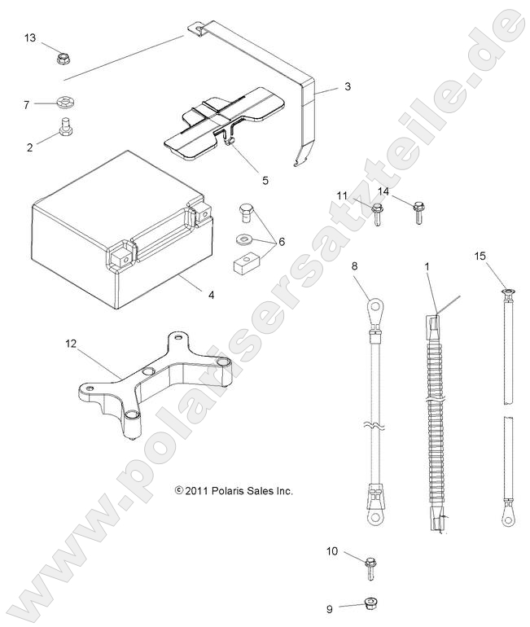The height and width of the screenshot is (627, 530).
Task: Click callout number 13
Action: coord(30,38)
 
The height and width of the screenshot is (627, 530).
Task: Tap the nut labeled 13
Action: coord(62,59)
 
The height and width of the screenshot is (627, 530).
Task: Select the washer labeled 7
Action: coord(64,103)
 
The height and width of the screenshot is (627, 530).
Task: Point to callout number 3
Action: coord(347,85)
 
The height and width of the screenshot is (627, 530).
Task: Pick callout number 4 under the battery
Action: coord(212,294)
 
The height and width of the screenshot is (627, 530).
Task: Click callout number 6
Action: coord(282,241)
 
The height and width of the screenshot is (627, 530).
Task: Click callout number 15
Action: coord(480,256)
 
